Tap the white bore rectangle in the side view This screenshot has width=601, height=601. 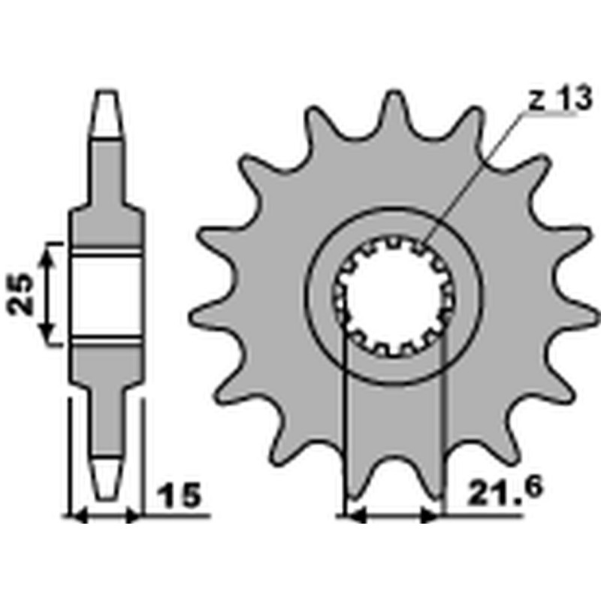pos(106,294)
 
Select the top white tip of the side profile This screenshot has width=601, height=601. pos(106,113)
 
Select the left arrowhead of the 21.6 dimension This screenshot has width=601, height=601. pos(354,516)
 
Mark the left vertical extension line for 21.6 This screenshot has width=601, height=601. pos(344,421)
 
